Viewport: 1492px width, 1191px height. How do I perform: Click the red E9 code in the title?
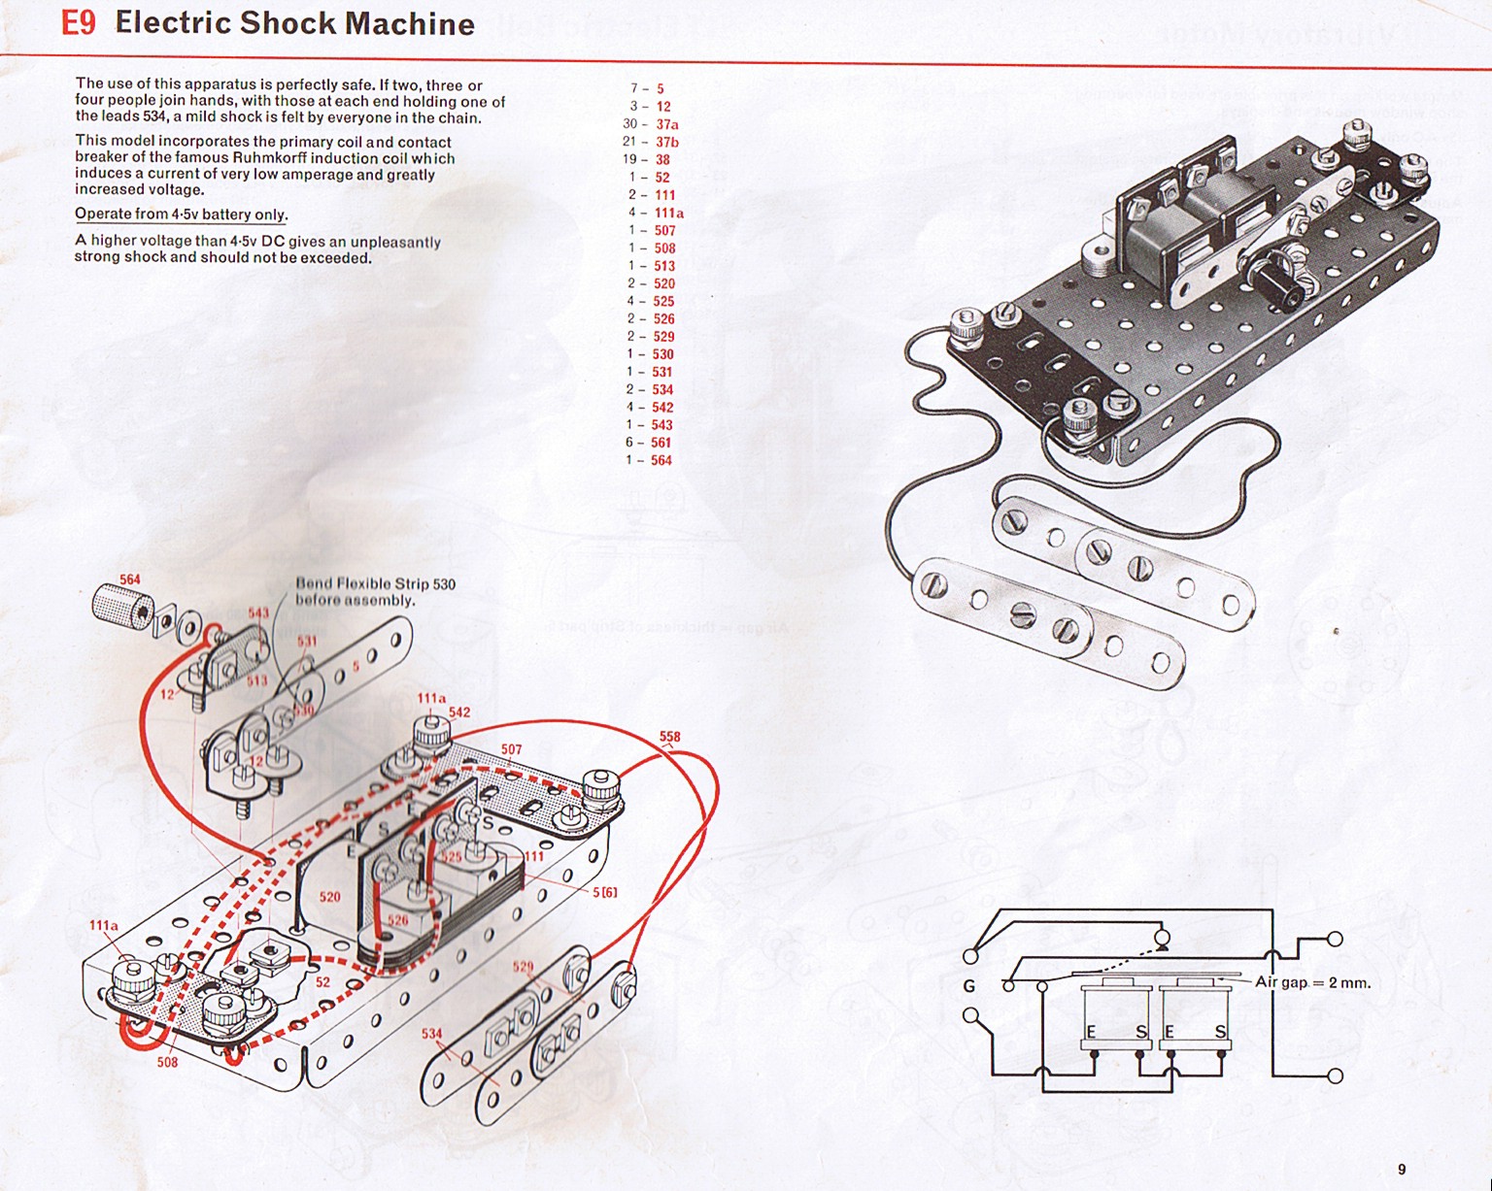pyautogui.click(x=79, y=23)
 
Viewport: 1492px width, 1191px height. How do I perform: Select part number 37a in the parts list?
pyautogui.click(x=666, y=124)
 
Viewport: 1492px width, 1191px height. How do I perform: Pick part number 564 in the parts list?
pyautogui.click(x=661, y=460)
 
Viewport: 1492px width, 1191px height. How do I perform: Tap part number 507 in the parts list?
pyautogui.click(x=664, y=230)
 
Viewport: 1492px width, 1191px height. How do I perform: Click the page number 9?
pyautogui.click(x=1401, y=1169)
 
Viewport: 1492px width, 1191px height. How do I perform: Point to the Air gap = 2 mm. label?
pyautogui.click(x=1312, y=982)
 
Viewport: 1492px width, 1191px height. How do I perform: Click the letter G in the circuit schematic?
pyautogui.click(x=968, y=986)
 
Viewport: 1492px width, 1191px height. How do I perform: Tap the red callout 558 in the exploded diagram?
pyautogui.click(x=670, y=737)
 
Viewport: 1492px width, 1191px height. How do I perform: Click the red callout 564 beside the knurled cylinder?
pyautogui.click(x=130, y=579)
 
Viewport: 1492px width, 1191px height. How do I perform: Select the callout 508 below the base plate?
pyautogui.click(x=167, y=1062)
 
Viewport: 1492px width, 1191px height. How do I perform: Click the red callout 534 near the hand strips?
pyautogui.click(x=431, y=1034)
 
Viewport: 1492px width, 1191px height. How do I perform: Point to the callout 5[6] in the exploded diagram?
pyautogui.click(x=604, y=892)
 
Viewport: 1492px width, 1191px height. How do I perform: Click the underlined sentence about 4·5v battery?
pyautogui.click(x=181, y=215)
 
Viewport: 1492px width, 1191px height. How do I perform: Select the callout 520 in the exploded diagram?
pyautogui.click(x=330, y=897)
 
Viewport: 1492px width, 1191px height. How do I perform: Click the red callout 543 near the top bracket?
pyautogui.click(x=258, y=613)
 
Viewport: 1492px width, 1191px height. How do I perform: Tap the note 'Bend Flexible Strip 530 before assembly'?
pyautogui.click(x=375, y=591)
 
